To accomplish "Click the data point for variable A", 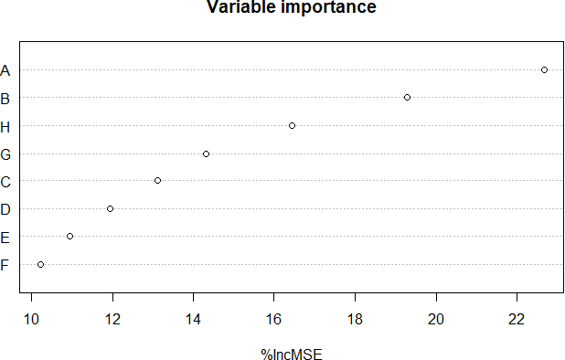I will coord(544,69).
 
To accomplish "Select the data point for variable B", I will coord(407,97).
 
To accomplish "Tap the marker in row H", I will coord(292,125).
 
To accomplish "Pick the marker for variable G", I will coord(206,154).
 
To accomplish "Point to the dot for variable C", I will coord(157,181).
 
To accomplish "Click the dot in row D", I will coord(110,208).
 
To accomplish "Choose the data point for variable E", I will coord(69,237).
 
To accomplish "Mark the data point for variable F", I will coord(40,264).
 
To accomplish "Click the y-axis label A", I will coord(5,70).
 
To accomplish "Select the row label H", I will coord(5,126).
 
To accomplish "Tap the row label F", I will coord(5,265).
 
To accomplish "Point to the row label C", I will coord(5,182).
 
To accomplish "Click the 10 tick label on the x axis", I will coord(31,318).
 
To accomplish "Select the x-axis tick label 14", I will coord(193,318).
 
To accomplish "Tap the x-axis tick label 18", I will coord(355,318).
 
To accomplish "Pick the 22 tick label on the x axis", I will coord(517,318).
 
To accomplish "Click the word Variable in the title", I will coord(240,8).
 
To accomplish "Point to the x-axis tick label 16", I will coord(274,318).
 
